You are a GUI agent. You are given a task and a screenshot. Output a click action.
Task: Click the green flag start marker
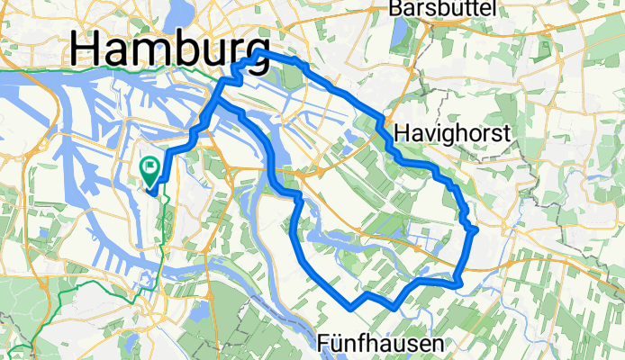149,166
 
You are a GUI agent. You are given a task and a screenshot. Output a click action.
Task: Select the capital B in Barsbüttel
395,8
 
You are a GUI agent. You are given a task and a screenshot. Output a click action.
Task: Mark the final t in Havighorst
507,134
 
